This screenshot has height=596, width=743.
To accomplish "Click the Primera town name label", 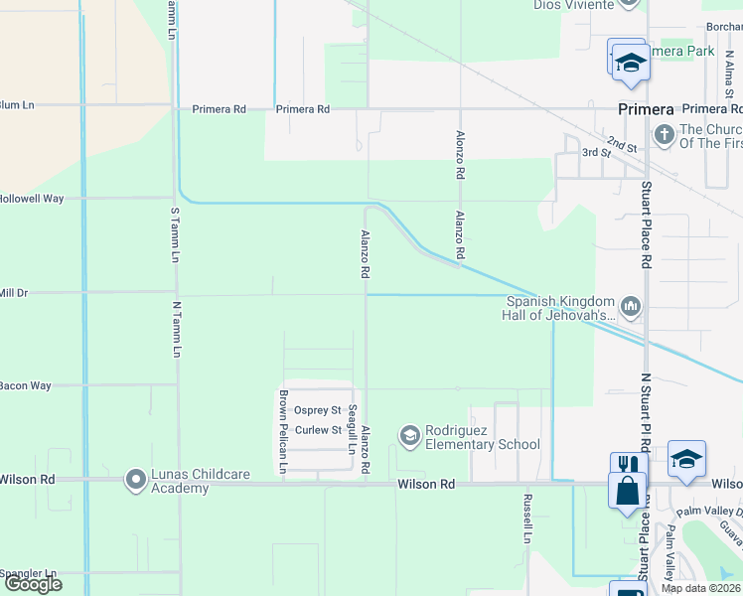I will pos(646,109).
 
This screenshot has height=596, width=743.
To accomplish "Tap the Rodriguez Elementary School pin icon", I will pos(409,435).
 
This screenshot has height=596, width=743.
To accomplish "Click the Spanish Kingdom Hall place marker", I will pos(630,305).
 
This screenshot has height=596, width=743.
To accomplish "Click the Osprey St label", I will pos(323,410).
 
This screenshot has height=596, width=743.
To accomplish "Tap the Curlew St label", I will pos(323,430).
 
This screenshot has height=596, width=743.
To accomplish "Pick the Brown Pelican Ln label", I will pos(283,431).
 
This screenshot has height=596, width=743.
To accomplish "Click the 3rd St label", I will pos(596,152).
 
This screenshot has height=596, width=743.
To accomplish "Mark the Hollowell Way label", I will pos(32,199).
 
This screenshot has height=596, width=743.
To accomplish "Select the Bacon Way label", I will pos(26,385).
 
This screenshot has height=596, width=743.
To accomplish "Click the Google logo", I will pos(34,584).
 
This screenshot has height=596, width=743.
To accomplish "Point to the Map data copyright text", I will pos(700,588).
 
